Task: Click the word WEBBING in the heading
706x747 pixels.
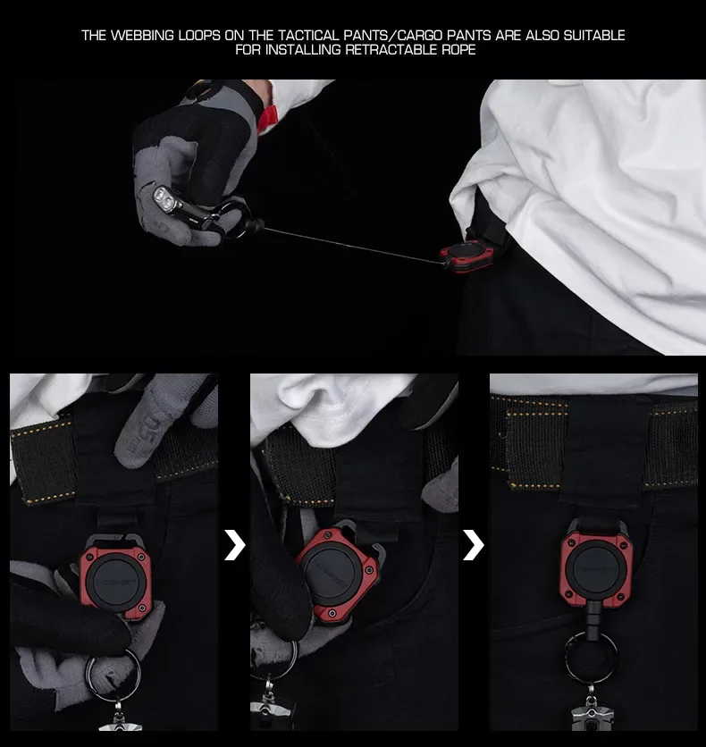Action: pyautogui.click(x=142, y=35)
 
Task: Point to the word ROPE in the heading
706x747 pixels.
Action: pyautogui.click(x=458, y=49)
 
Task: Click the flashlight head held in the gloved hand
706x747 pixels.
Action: pyautogui.click(x=164, y=198)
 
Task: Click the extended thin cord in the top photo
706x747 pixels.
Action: pyautogui.click(x=351, y=246)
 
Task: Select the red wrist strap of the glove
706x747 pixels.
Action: pyautogui.click(x=267, y=119)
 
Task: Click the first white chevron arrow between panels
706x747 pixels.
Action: pyautogui.click(x=234, y=544)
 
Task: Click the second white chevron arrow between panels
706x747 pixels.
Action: pyautogui.click(x=474, y=544)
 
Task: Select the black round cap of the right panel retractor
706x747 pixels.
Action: pyautogui.click(x=595, y=569)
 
